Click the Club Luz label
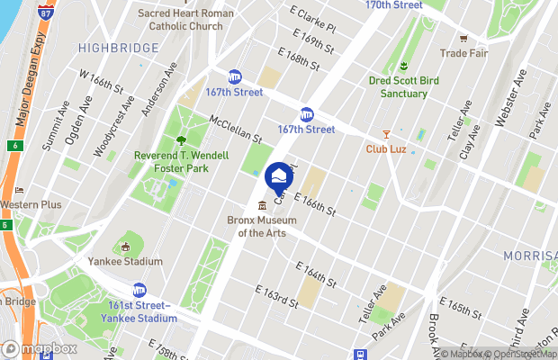pyautogui.click(x=388, y=148)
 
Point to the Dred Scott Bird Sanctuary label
pyautogui.click(x=403, y=87)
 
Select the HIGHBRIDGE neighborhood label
pyautogui.click(x=112, y=47)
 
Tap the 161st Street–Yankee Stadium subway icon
pyautogui.click(x=139, y=291)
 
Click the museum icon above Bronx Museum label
pyautogui.click(x=262, y=206)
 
